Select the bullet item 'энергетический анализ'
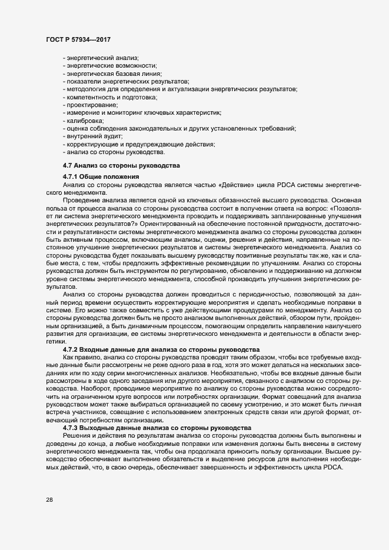point(102,58)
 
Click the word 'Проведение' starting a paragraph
point(82,201)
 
